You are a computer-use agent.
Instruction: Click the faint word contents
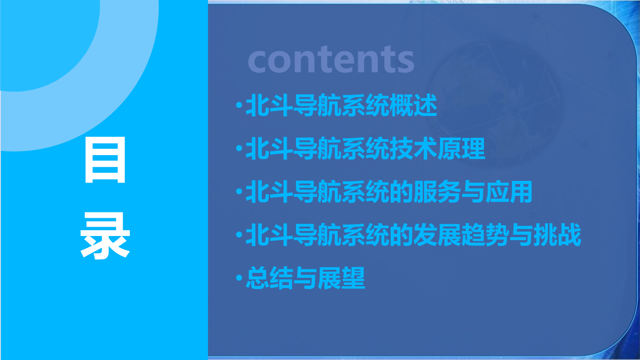pyautogui.click(x=331, y=59)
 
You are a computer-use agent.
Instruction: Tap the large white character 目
pyautogui.click(x=105, y=160)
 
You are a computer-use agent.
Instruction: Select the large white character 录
pyautogui.click(x=105, y=236)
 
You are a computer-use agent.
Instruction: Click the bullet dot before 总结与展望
pyautogui.click(x=239, y=277)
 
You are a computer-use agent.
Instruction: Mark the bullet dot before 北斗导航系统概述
pyautogui.click(x=239, y=105)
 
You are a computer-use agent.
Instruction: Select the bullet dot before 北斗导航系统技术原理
pyautogui.click(x=239, y=148)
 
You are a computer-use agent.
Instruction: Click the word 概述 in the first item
pyautogui.click(x=413, y=105)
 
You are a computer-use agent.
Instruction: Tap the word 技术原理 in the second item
pyautogui.click(x=437, y=148)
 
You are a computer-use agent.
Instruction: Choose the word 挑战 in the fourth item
pyautogui.click(x=558, y=235)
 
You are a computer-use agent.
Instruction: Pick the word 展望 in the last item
pyautogui.click(x=341, y=278)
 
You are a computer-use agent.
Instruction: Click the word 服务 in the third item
pyautogui.click(x=437, y=192)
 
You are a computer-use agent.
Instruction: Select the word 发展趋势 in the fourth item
pyautogui.click(x=461, y=235)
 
